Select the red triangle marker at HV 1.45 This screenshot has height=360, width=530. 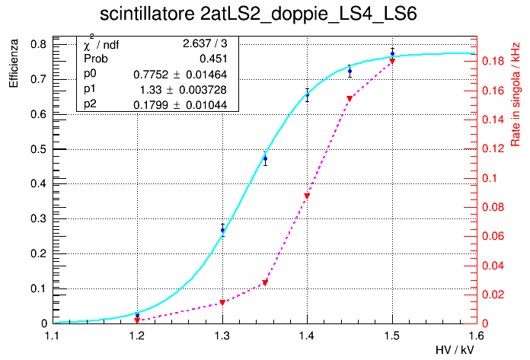[350, 99]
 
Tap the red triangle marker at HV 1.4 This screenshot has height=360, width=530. [307, 196]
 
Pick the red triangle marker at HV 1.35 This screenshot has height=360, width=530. [265, 283]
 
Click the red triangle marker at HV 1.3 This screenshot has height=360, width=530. [222, 303]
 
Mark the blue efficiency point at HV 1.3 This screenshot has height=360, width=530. [222, 230]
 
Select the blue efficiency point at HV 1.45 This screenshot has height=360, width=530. [350, 71]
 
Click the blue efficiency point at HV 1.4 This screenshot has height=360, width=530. [307, 95]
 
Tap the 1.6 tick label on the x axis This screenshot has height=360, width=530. [477, 334]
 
